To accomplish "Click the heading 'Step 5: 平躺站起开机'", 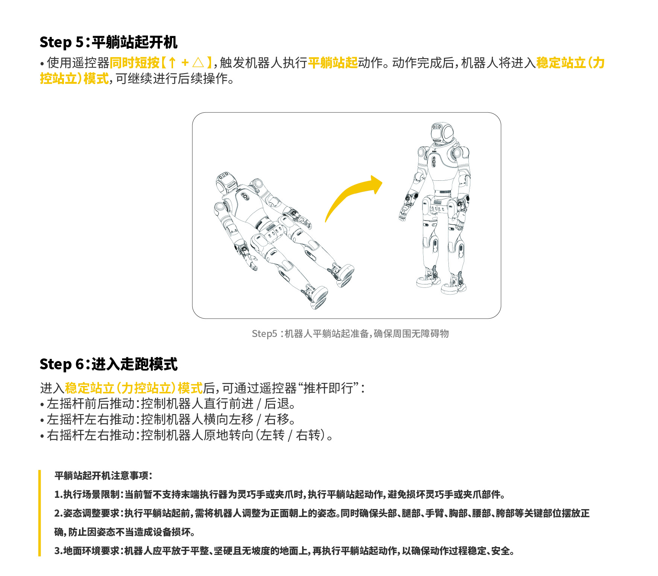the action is pyautogui.click(x=108, y=42).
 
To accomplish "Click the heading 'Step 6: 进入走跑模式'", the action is pyautogui.click(x=108, y=364).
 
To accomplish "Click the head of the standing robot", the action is pyautogui.click(x=442, y=133).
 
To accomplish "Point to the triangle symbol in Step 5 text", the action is pyautogui.click(x=198, y=62).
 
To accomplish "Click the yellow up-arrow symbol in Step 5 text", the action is pyautogui.click(x=172, y=62).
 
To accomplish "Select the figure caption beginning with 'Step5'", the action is pyautogui.click(x=350, y=334).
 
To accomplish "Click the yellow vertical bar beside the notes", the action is pyautogui.click(x=40, y=513).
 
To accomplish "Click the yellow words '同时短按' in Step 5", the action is pyautogui.click(x=135, y=62).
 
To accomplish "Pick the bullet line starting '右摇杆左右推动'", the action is pyautogui.click(x=186, y=435).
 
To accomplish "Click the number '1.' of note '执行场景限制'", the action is pyautogui.click(x=58, y=494).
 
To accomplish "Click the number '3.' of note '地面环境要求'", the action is pyautogui.click(x=58, y=551).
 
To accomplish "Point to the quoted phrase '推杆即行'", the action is pyautogui.click(x=328, y=388).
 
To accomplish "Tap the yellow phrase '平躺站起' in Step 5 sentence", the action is pyautogui.click(x=333, y=62).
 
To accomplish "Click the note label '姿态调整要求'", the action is pyautogui.click(x=91, y=513).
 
